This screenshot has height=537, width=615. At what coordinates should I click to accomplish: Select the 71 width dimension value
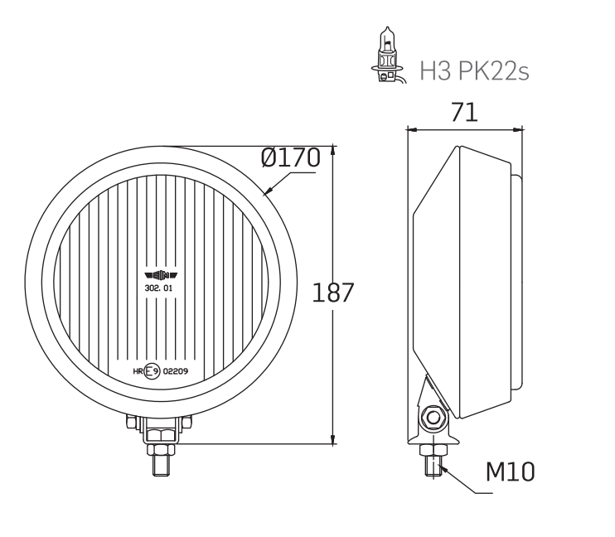tap(464, 114)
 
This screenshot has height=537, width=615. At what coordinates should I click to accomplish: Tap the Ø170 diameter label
tap(290, 157)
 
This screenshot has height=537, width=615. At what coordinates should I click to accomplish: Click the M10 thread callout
tap(510, 472)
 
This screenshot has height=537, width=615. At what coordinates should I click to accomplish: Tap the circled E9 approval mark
tap(151, 371)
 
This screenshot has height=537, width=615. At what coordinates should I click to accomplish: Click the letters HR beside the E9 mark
tap(138, 371)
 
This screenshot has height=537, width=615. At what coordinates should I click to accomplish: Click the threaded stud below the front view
tap(159, 463)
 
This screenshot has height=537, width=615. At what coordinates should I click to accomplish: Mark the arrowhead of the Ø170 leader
tap(267, 193)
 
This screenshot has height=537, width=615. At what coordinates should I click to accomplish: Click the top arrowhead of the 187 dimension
tap(334, 150)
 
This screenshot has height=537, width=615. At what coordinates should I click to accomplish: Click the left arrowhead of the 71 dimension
tap(410, 129)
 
